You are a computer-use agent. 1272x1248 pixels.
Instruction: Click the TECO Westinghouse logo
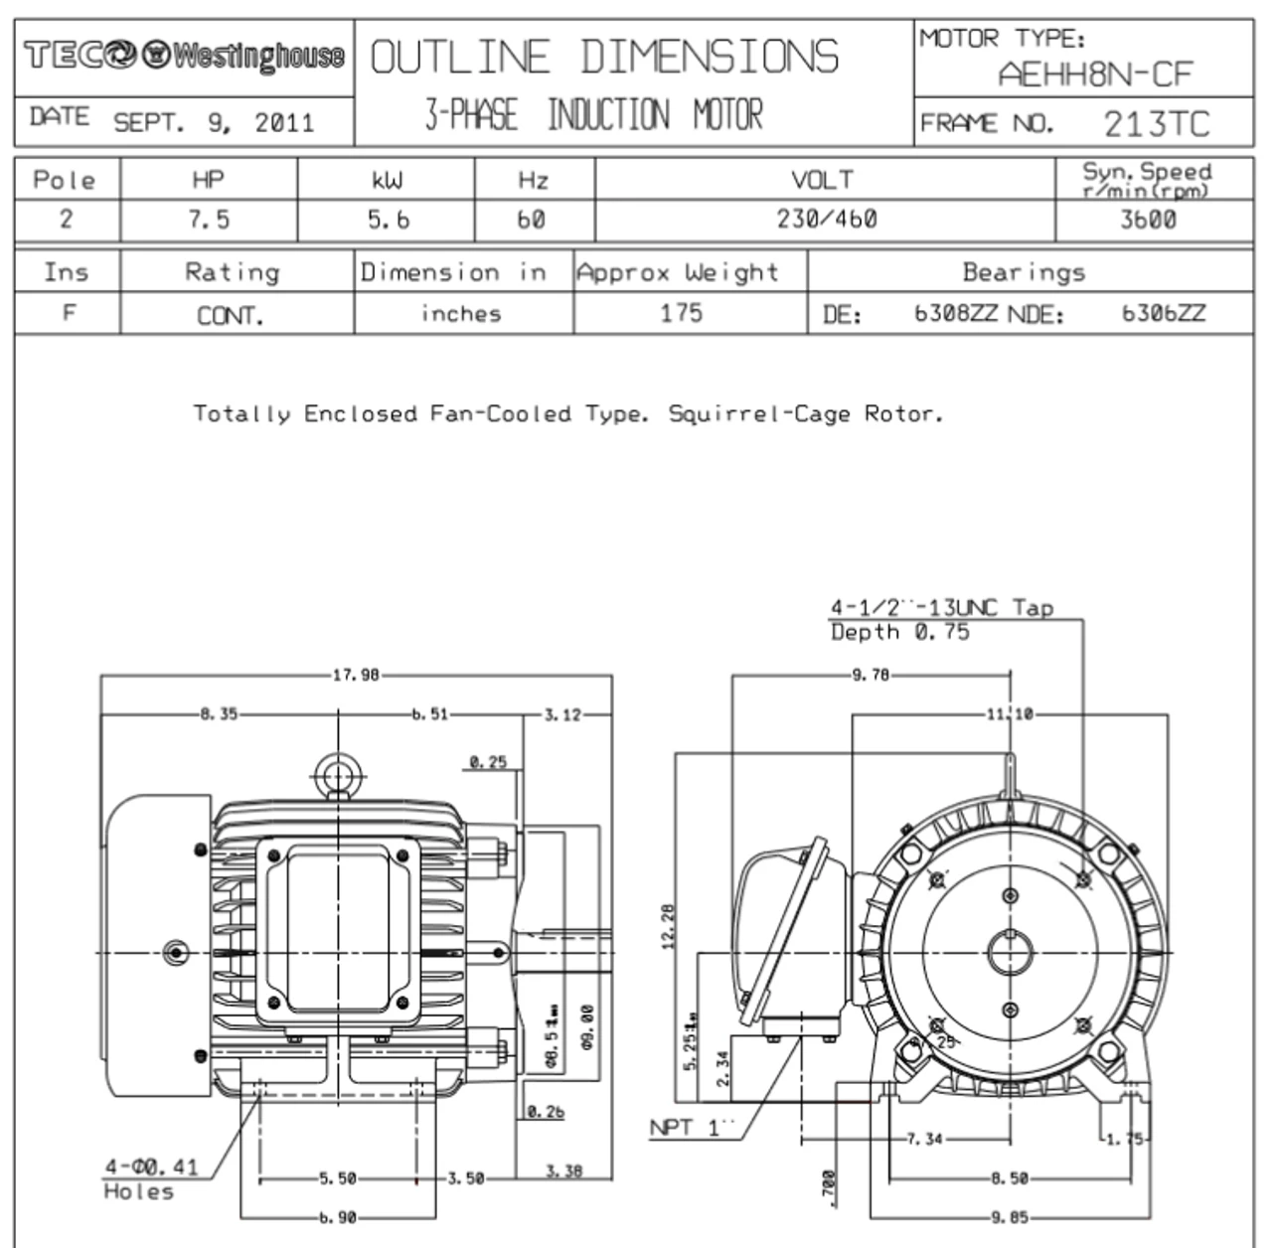coord(184,56)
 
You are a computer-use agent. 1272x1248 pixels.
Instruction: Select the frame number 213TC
coord(1156,124)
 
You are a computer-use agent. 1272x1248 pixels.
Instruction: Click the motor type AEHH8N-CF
coord(1094,74)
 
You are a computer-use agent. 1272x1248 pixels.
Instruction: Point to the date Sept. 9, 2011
coord(213,123)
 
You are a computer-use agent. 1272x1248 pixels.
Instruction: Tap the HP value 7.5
coord(209,220)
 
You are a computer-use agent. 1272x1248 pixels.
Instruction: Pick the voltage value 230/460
coord(826,220)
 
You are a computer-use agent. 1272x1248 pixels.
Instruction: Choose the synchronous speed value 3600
coord(1148,220)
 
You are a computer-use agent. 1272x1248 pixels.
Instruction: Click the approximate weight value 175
coord(681,313)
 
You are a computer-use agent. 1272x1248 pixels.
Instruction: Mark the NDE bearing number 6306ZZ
coord(1163,314)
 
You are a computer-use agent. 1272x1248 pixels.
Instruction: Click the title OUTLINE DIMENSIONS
coord(604,58)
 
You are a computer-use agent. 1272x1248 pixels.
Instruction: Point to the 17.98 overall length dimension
coord(355,676)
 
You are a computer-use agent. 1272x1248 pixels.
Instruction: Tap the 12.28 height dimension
coord(668,926)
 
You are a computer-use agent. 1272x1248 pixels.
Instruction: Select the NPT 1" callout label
coord(691,1128)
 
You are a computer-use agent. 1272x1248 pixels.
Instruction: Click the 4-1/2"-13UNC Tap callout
coord(941,608)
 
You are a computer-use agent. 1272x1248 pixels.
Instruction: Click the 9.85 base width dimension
coord(1009,1217)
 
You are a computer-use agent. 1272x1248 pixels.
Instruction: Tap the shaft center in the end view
coord(1011,953)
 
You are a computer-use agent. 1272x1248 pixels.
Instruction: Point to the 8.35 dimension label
coord(219,714)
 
